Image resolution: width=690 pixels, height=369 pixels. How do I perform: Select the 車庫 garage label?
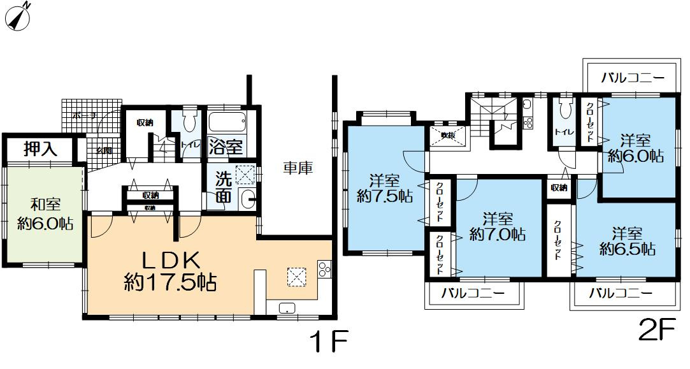(298, 168)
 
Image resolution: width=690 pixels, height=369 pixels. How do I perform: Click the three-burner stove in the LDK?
(323, 270)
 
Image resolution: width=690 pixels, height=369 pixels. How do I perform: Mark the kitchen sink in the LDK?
(287, 309)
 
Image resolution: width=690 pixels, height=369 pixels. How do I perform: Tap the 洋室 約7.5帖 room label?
(384, 189)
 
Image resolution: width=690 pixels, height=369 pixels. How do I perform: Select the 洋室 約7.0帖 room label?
(497, 227)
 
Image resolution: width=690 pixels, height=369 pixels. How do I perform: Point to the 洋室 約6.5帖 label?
(627, 241)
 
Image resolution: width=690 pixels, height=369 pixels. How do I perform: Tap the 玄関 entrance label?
(104, 150)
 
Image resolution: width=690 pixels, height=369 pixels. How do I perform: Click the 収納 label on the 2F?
(559, 187)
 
